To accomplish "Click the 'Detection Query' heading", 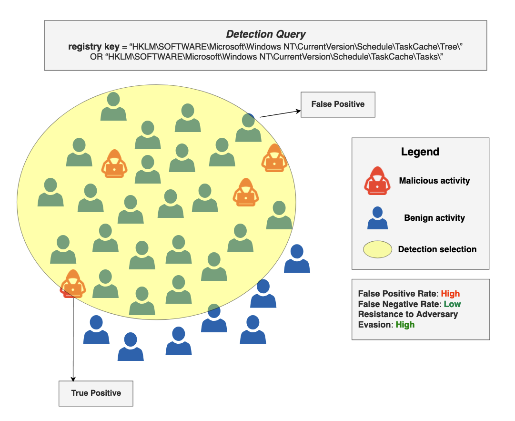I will (x=265, y=34).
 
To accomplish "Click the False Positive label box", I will (x=338, y=104).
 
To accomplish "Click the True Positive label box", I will (x=96, y=393).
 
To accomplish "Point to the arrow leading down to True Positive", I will (x=73, y=339).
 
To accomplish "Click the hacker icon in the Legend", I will (x=377, y=181).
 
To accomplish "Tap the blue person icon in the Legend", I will (x=377, y=218).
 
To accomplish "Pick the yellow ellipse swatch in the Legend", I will (x=377, y=249).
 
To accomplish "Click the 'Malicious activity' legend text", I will (x=434, y=181).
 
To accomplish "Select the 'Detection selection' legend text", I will (x=437, y=249).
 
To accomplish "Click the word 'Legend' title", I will (x=420, y=152).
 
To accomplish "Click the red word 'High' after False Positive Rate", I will (x=450, y=294).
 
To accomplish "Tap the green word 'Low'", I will (x=452, y=304).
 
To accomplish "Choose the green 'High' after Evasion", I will (x=405, y=325).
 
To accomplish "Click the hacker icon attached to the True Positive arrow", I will (x=73, y=284).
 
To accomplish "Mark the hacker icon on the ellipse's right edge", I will (x=274, y=158).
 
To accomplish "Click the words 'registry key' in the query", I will (x=93, y=47).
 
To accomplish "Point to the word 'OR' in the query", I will (x=96, y=57).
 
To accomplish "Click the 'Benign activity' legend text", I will (x=434, y=218).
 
